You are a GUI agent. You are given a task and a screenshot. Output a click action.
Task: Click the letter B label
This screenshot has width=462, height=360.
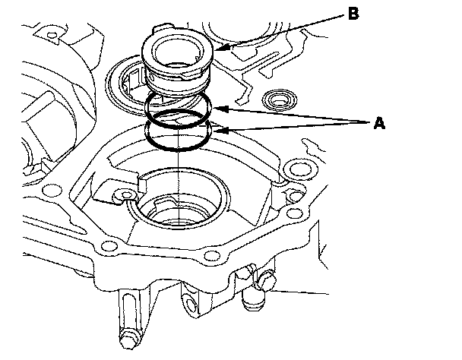click(353, 14)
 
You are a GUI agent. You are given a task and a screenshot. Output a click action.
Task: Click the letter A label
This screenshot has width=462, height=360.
click(379, 122)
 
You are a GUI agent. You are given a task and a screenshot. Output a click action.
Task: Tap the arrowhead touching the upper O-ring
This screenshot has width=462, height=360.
click(220, 109)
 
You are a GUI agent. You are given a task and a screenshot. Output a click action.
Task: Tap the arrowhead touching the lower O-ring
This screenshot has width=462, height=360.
click(220, 130)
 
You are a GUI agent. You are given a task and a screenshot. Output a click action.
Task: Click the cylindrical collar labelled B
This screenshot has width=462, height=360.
click(177, 62)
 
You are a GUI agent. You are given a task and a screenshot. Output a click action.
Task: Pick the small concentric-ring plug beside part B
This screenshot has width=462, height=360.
click(279, 100)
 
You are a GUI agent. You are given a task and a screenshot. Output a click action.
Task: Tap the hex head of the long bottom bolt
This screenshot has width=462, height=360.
click(128, 339)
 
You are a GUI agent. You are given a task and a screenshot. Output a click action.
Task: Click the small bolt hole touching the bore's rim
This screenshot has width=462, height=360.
click(126, 194)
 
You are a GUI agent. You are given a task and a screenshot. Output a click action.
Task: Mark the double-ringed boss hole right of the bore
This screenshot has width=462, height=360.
click(301, 169)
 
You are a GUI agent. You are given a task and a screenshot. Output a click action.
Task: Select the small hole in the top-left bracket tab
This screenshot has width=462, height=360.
click(52, 36)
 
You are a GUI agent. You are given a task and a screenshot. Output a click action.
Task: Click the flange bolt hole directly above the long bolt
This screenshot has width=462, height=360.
click(109, 245)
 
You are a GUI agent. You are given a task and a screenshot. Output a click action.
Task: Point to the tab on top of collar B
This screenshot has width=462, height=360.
click(161, 27)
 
